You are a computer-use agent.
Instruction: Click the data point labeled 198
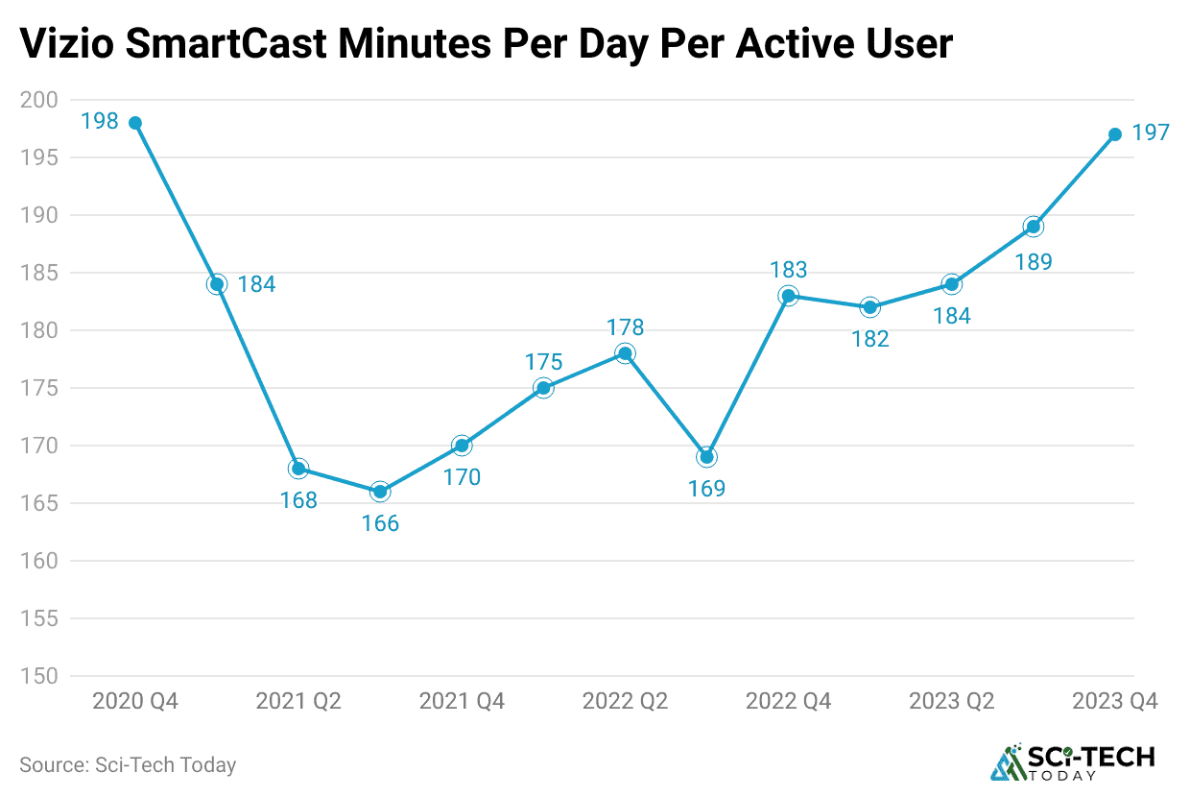(x=135, y=123)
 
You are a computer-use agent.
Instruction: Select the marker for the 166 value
(x=380, y=492)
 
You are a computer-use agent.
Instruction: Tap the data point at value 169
(x=706, y=457)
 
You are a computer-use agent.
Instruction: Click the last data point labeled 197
(x=1115, y=134)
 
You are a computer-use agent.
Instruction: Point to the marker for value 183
(x=788, y=296)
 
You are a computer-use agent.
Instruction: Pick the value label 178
(x=625, y=327)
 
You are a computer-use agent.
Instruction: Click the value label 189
(x=1034, y=261)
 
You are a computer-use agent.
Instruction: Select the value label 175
(x=543, y=362)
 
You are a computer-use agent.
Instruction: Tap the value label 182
(x=870, y=339)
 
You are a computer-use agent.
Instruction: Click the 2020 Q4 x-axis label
(x=135, y=702)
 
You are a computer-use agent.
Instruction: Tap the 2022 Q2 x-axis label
(x=625, y=702)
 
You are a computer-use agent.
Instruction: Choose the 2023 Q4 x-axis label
(x=1115, y=702)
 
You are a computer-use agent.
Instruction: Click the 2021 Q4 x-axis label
(x=462, y=702)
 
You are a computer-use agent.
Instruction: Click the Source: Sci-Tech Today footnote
(x=128, y=765)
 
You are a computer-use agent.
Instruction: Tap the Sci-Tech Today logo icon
(x=1007, y=762)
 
